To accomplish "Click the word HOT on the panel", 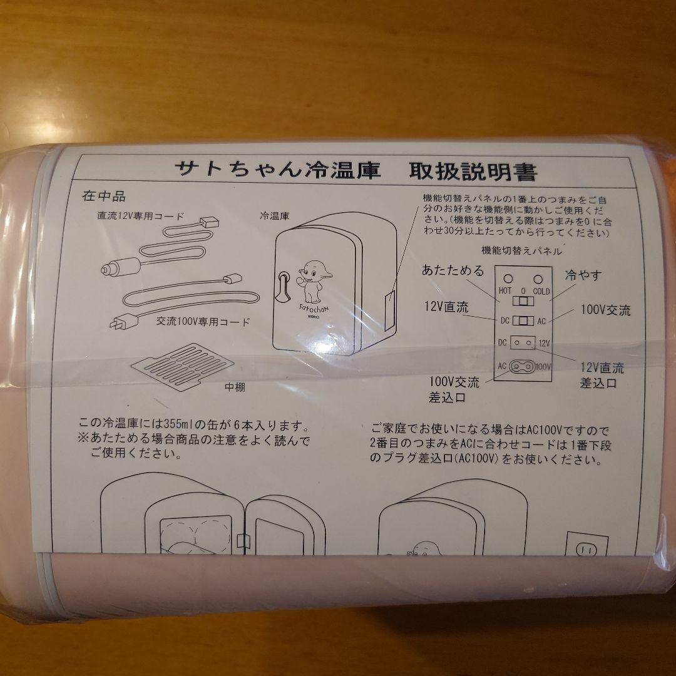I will coord(505,291).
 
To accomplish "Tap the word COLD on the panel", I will coord(541,291).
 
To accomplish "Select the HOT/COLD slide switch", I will coord(522,301).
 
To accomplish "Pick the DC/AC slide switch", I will coord(522,321).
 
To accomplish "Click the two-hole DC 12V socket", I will coord(523,343).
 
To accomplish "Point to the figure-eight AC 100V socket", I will coord(523,366).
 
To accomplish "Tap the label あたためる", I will coord(453,271).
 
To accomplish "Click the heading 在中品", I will coord(104,196).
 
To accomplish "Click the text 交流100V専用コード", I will coord(203,322).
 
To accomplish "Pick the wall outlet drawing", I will coord(586,546).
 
